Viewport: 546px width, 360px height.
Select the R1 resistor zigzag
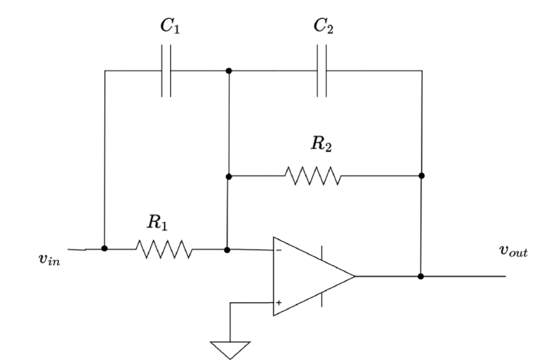click(164, 249)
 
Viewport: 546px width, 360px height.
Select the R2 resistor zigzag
click(312, 175)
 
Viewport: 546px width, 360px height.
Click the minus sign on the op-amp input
click(279, 250)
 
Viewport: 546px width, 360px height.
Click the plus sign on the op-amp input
click(279, 302)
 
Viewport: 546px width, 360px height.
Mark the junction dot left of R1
click(104, 249)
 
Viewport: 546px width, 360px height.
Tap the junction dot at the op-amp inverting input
click(228, 249)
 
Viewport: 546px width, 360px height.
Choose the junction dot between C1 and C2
click(228, 71)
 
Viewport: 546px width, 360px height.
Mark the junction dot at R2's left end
click(228, 176)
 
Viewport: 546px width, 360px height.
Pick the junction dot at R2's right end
click(421, 175)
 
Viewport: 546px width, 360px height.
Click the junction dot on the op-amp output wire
click(421, 276)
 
